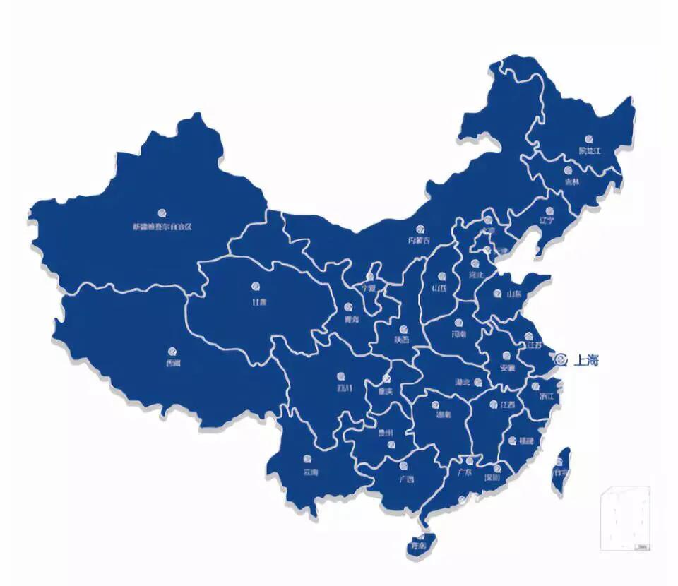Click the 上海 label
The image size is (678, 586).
(x=586, y=360)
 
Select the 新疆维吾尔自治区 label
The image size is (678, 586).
(x=162, y=227)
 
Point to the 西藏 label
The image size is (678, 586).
(x=173, y=364)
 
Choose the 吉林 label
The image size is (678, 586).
(x=571, y=181)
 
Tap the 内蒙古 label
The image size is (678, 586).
(x=419, y=241)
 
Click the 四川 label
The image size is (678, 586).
(x=343, y=388)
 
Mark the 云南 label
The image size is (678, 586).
(x=310, y=471)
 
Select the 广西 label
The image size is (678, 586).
(x=405, y=479)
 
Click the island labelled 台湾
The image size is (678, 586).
(x=561, y=470)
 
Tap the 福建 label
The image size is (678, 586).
(x=525, y=439)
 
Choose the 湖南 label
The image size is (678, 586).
(x=444, y=414)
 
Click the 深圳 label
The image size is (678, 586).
(x=492, y=477)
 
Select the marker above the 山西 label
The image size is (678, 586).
(x=442, y=277)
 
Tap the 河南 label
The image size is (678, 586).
(x=458, y=334)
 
